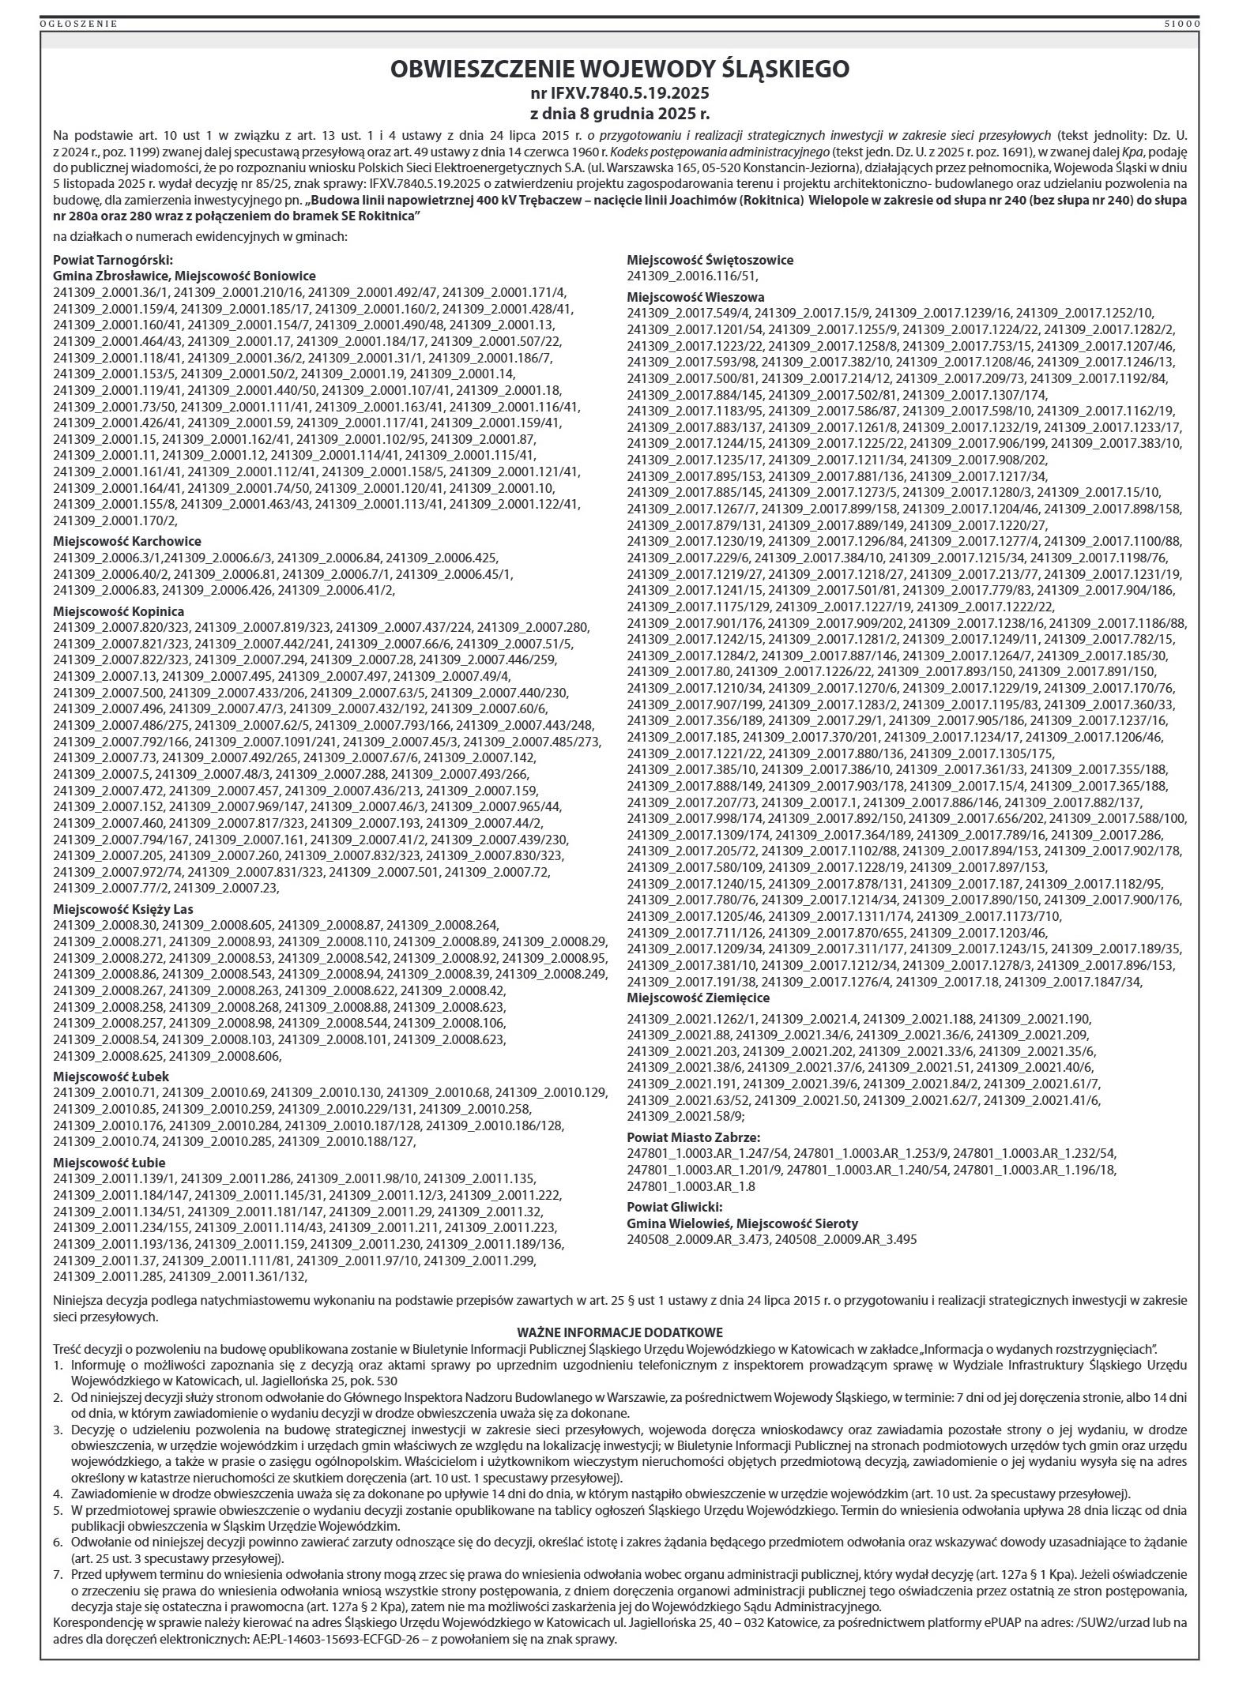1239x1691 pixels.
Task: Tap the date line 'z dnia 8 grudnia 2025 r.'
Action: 619,112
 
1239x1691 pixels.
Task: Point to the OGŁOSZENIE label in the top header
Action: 78,24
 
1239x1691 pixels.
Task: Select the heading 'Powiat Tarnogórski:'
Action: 113,260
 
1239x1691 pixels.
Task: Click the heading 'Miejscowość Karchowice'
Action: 127,541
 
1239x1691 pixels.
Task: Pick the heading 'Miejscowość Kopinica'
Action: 119,611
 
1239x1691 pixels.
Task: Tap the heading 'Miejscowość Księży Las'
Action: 123,909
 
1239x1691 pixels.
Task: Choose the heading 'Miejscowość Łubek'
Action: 111,1077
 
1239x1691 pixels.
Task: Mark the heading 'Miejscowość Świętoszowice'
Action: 710,260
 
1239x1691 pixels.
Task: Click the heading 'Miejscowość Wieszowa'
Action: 695,297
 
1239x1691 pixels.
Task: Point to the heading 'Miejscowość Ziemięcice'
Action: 699,998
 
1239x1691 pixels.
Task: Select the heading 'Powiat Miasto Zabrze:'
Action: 693,1138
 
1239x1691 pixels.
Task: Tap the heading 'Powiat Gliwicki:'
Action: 674,1207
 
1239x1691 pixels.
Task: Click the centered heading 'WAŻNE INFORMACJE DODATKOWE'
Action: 619,1332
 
